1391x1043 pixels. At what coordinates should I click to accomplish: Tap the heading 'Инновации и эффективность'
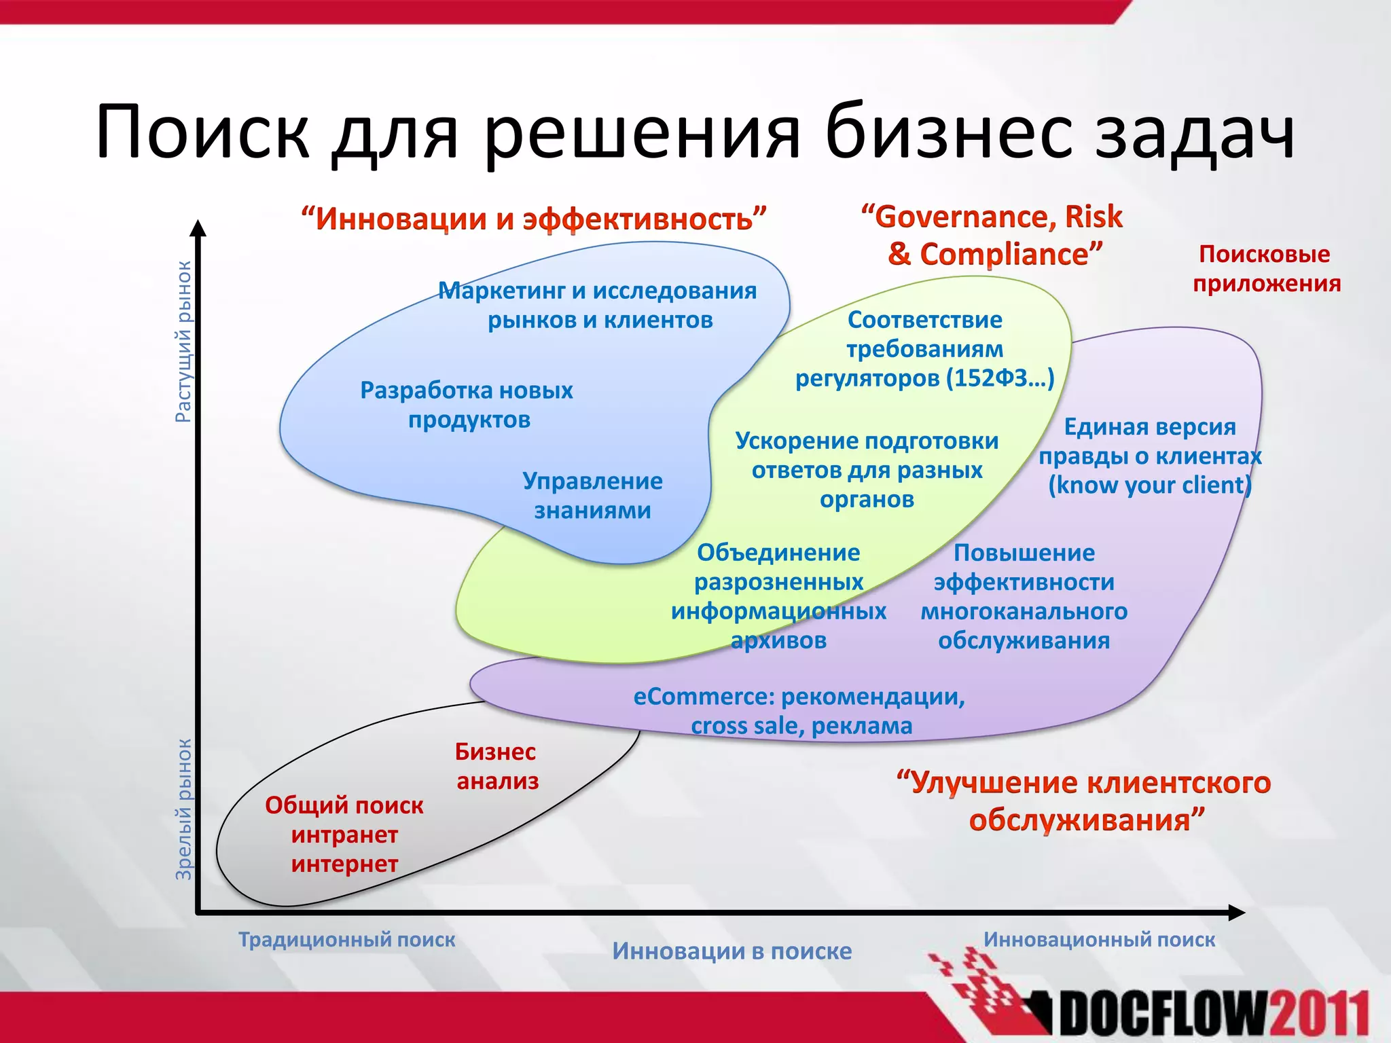point(534,219)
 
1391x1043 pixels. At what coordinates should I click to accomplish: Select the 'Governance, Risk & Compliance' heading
point(992,235)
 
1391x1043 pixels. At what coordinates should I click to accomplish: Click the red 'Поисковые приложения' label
point(1266,268)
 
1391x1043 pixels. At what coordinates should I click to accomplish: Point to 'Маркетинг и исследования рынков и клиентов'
point(598,305)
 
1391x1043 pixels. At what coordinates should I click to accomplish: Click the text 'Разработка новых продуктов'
point(467,405)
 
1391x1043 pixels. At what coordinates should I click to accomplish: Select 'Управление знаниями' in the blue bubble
point(592,495)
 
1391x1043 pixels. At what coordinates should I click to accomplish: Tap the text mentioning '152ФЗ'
point(925,378)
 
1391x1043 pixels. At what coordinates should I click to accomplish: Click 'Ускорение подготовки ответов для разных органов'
point(867,470)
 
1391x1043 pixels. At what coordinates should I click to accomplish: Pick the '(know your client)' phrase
point(1149,485)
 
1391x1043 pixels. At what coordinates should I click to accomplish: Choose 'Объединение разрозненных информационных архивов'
point(778,596)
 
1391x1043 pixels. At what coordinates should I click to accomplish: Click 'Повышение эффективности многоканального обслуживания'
point(1024,596)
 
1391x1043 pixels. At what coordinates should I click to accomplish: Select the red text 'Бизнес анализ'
point(496,766)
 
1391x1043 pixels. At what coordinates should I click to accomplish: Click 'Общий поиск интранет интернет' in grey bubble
point(344,835)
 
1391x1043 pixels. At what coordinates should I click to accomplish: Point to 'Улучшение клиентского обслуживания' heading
point(1084,801)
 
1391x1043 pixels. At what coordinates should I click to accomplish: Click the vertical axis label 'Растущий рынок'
point(183,342)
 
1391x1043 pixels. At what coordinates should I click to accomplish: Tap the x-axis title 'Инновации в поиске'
point(731,951)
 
